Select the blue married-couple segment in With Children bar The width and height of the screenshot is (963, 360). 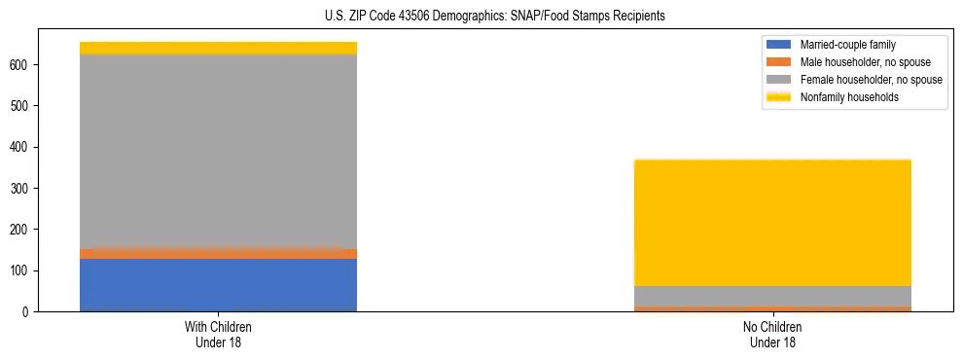pos(218,284)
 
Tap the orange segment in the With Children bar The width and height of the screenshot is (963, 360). pos(218,253)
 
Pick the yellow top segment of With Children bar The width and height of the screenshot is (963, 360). pos(218,48)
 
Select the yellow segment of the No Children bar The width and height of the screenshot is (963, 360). pos(772,223)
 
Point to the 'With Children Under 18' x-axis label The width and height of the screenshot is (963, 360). pos(218,334)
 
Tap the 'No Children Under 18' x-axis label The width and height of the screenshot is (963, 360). pos(772,334)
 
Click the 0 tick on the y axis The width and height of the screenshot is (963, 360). pos(26,311)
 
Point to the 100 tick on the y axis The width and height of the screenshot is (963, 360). pos(20,270)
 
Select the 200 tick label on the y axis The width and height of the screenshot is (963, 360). pos(20,230)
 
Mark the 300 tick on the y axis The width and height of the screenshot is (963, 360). pos(20,188)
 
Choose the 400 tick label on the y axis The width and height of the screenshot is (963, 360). pos(20,147)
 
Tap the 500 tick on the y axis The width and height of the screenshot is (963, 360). pos(20,106)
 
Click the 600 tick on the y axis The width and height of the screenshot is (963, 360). pos(20,64)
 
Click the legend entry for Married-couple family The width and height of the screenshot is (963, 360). pos(847,45)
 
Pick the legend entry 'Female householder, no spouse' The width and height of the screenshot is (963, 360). pos(865,80)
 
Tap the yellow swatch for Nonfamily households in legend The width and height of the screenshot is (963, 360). pos(780,97)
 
